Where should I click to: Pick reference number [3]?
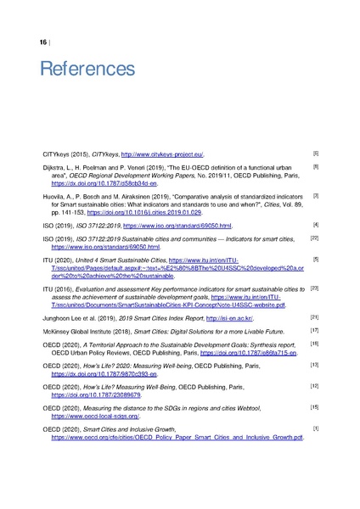pyautogui.click(x=315, y=195)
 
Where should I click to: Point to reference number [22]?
pyautogui.click(x=314, y=238)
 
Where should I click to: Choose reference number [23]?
pyautogui.click(x=314, y=288)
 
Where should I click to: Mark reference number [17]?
pyautogui.click(x=314, y=329)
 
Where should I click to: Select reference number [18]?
pyautogui.click(x=314, y=343)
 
